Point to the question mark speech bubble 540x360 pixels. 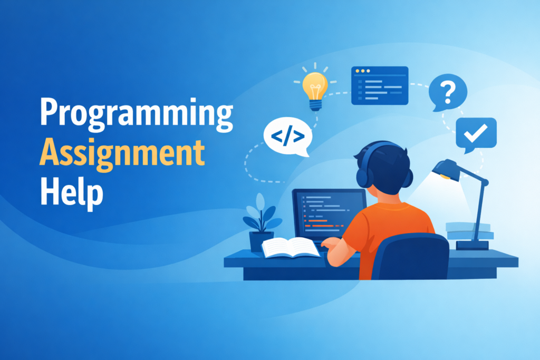448,92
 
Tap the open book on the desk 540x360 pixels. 291,247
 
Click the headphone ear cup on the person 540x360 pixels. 364,174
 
